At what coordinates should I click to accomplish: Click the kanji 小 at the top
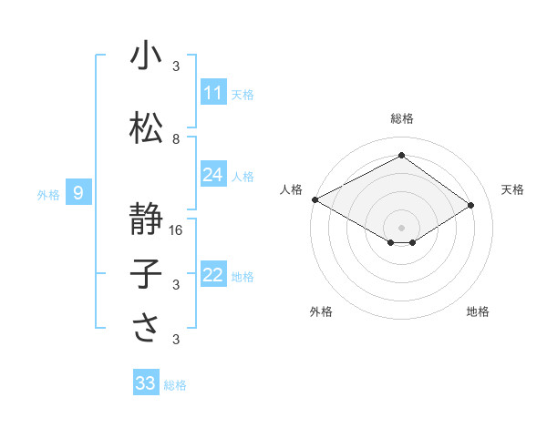pos(146,56)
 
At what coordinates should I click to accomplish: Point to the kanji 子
pos(146,273)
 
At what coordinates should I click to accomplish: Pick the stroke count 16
pos(177,230)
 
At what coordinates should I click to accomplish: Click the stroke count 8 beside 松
pos(176,139)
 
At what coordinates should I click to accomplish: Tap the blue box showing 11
pos(213,93)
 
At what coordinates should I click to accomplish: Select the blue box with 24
pos(213,175)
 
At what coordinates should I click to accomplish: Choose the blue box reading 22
pos(213,275)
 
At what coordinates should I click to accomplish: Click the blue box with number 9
pos(79,193)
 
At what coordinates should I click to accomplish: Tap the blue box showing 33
pos(146,383)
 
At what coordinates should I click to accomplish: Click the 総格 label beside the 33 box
pos(175,385)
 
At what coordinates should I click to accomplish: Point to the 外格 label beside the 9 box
pos(48,194)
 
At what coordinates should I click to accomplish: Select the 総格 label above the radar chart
pos(401,118)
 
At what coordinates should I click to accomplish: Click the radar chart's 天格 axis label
pos(512,189)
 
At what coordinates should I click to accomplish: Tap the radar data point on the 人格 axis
pos(314,199)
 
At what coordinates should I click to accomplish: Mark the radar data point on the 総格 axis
pos(401,156)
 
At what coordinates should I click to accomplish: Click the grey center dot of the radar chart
pos(401,226)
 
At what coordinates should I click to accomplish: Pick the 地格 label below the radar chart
pos(478,311)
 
